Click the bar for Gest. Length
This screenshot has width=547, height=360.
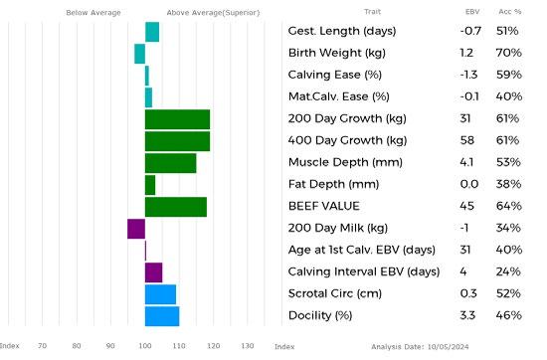point(152,32)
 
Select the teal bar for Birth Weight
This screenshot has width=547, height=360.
point(140,54)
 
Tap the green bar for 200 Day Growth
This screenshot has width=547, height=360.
point(178,119)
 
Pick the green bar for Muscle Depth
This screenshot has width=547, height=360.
point(171,163)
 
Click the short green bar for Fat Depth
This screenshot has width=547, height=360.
point(150,185)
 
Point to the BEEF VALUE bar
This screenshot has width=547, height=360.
point(176,207)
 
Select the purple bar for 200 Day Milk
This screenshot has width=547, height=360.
point(136,229)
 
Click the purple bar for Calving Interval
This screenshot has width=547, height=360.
point(154,272)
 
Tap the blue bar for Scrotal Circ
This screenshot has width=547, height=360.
point(160,294)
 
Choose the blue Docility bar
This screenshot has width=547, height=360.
point(162,316)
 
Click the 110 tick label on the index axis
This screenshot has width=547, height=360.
point(179,346)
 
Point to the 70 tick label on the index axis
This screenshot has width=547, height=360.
point(42,346)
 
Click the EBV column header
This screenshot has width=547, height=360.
point(472,12)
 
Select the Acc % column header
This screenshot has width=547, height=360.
point(510,12)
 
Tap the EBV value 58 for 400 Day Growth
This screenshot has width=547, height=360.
point(467,140)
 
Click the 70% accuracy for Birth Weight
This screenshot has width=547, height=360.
point(509,53)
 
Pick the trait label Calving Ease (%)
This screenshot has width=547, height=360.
point(335,75)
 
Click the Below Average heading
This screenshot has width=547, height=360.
point(93,13)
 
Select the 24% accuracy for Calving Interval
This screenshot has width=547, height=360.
point(508,271)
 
